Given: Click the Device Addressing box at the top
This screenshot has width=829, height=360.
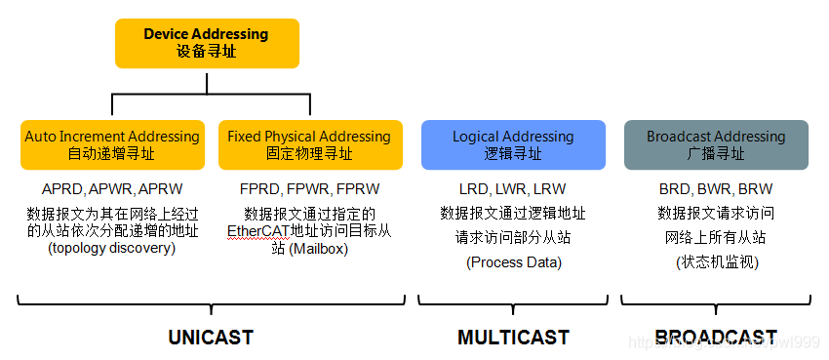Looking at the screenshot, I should [207, 43].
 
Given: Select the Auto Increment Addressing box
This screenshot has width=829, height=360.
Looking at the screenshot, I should [112, 145].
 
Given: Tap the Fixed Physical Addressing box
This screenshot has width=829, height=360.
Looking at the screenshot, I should [309, 145].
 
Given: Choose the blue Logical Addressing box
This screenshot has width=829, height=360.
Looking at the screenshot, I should [513, 145].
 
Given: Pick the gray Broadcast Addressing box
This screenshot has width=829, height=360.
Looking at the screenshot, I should [716, 145].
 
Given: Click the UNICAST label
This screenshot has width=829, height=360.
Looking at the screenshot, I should [210, 338].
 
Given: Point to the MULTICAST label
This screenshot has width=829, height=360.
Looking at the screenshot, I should [513, 338].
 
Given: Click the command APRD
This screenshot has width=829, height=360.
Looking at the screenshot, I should [63, 189].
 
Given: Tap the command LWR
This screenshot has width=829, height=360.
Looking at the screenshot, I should [513, 189].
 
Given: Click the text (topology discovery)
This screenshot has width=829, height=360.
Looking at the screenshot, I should [112, 248].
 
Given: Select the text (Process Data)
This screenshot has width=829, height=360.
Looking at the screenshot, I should [513, 261].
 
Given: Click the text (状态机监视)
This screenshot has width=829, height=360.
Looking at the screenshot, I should [716, 261].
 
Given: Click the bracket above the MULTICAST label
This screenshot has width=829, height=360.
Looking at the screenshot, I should [513, 301].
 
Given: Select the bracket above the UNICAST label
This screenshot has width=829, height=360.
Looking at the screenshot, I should [210, 301].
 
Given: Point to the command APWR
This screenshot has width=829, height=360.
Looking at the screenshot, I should [111, 189].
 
